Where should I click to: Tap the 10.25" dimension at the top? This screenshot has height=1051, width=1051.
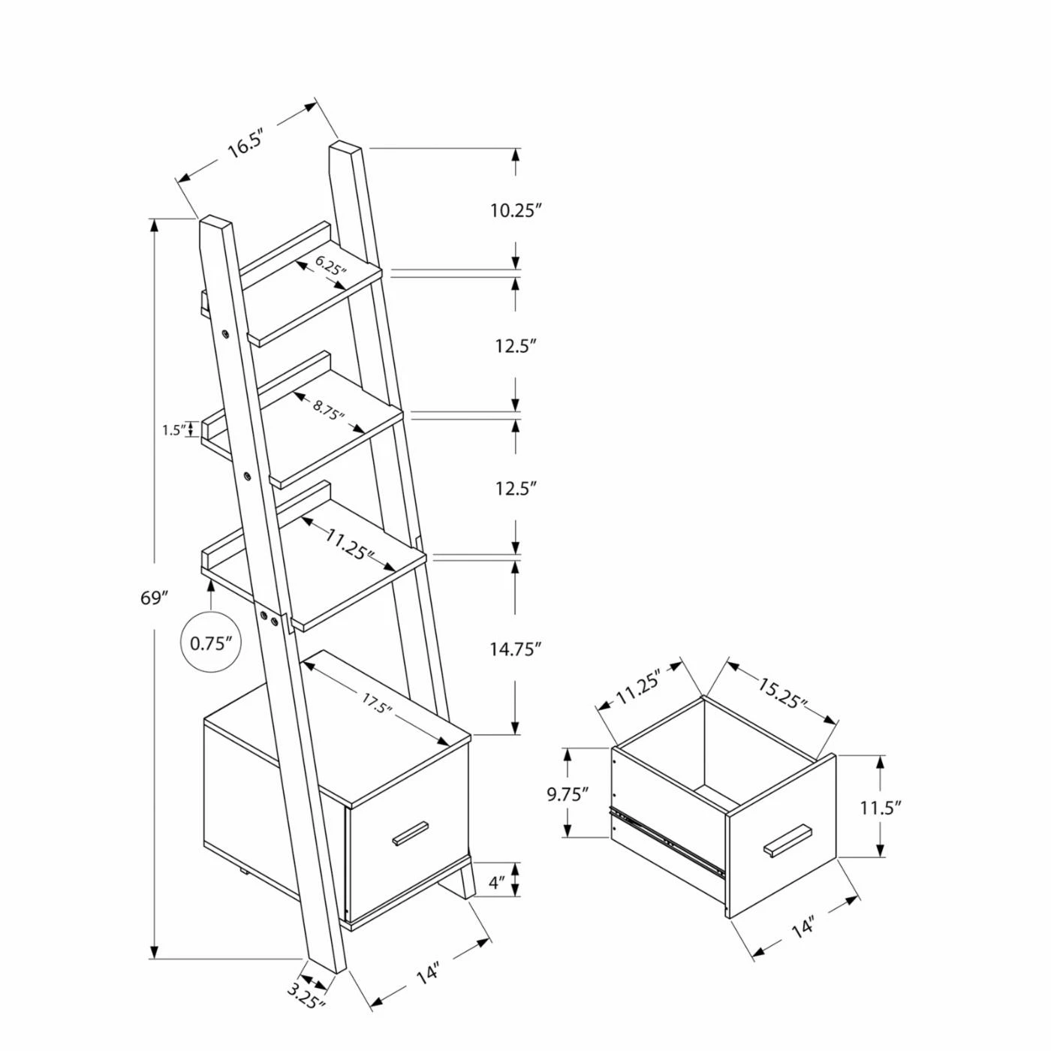point(516,211)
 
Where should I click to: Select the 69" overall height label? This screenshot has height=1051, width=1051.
point(153,598)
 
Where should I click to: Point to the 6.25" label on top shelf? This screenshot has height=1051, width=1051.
point(331,265)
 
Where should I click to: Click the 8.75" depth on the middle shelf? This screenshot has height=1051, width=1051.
point(329,410)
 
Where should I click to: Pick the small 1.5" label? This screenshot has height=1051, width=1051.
point(173,430)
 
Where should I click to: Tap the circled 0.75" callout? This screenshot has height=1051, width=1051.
point(211,643)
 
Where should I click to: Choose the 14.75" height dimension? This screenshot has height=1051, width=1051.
point(516,649)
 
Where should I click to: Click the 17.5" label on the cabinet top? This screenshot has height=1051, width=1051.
point(377,705)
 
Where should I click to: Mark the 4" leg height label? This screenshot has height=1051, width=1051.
point(496,883)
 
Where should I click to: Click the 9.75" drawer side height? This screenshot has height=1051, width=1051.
point(567,794)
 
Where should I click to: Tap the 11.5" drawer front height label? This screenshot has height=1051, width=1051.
point(880,808)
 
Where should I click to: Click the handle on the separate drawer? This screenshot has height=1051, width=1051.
point(787,840)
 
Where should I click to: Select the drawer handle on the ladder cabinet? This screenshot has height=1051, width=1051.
point(408,834)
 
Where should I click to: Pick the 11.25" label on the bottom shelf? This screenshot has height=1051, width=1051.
point(349,544)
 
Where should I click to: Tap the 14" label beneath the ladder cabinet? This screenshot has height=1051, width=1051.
point(427,974)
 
